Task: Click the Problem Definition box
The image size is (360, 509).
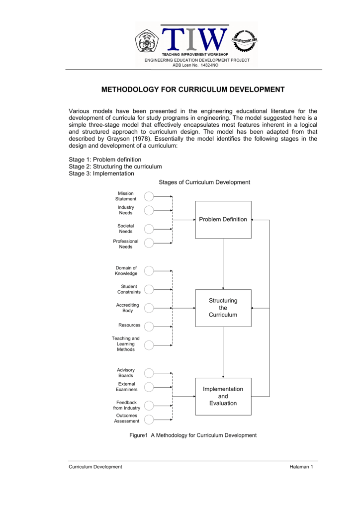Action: (x=223, y=220)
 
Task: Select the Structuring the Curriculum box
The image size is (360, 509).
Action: (x=223, y=308)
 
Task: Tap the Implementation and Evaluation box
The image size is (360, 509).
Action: (x=223, y=396)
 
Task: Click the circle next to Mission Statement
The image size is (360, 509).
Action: (x=149, y=196)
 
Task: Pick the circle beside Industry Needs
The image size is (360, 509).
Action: (x=149, y=210)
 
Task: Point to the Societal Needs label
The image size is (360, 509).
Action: (x=126, y=229)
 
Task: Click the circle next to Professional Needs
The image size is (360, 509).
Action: (x=149, y=243)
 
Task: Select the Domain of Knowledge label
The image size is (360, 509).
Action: (x=126, y=271)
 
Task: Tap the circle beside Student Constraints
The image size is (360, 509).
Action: (x=149, y=289)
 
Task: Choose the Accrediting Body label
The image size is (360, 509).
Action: (x=127, y=308)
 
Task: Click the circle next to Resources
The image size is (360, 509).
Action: (x=149, y=326)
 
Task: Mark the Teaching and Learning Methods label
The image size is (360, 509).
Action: (x=126, y=344)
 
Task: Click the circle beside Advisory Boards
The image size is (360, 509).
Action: (x=149, y=373)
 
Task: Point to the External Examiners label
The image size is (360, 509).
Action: (x=127, y=387)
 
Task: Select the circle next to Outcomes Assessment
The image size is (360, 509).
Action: (x=149, y=419)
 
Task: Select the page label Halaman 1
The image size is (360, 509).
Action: (x=301, y=467)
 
